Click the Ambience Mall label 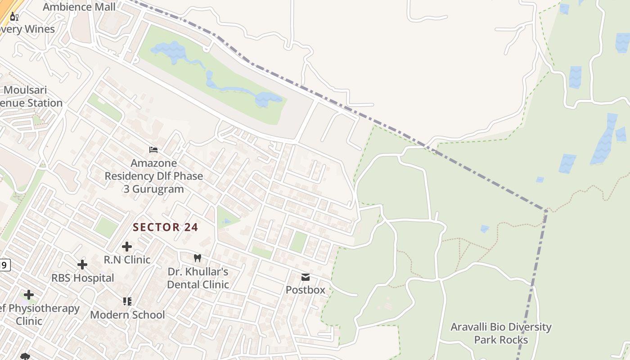(x=79, y=7)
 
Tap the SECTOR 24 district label (x=165, y=227)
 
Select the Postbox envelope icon (x=306, y=277)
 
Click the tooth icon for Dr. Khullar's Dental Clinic (x=197, y=258)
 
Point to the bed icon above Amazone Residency (x=153, y=149)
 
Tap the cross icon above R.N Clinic (x=127, y=246)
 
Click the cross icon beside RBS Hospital (x=82, y=264)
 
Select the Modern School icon (x=127, y=301)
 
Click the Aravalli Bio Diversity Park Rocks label (x=501, y=333)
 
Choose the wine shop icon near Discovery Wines (x=14, y=17)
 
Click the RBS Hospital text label (x=82, y=278)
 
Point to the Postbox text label (x=306, y=290)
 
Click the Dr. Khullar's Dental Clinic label (x=198, y=278)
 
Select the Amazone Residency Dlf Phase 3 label (x=153, y=176)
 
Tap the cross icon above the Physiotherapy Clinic (x=29, y=295)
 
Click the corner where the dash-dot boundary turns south (x=546, y=210)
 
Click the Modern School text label (x=127, y=315)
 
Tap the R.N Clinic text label (x=127, y=260)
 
